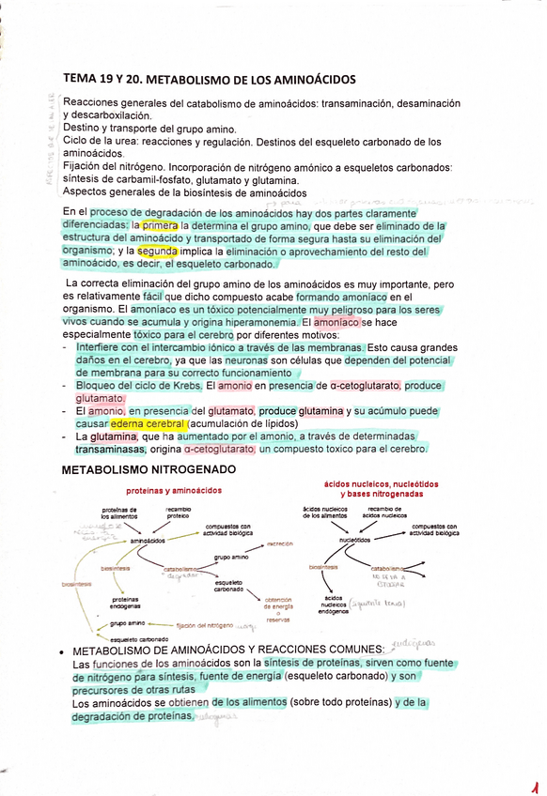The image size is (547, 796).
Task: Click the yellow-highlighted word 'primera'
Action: pos(160,226)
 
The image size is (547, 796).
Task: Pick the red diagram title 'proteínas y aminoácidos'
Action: pos(174,490)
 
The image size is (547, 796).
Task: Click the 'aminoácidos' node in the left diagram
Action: pos(148,541)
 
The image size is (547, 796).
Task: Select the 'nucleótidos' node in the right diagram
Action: pos(355,541)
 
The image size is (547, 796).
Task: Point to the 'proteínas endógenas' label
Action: pos(125,602)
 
